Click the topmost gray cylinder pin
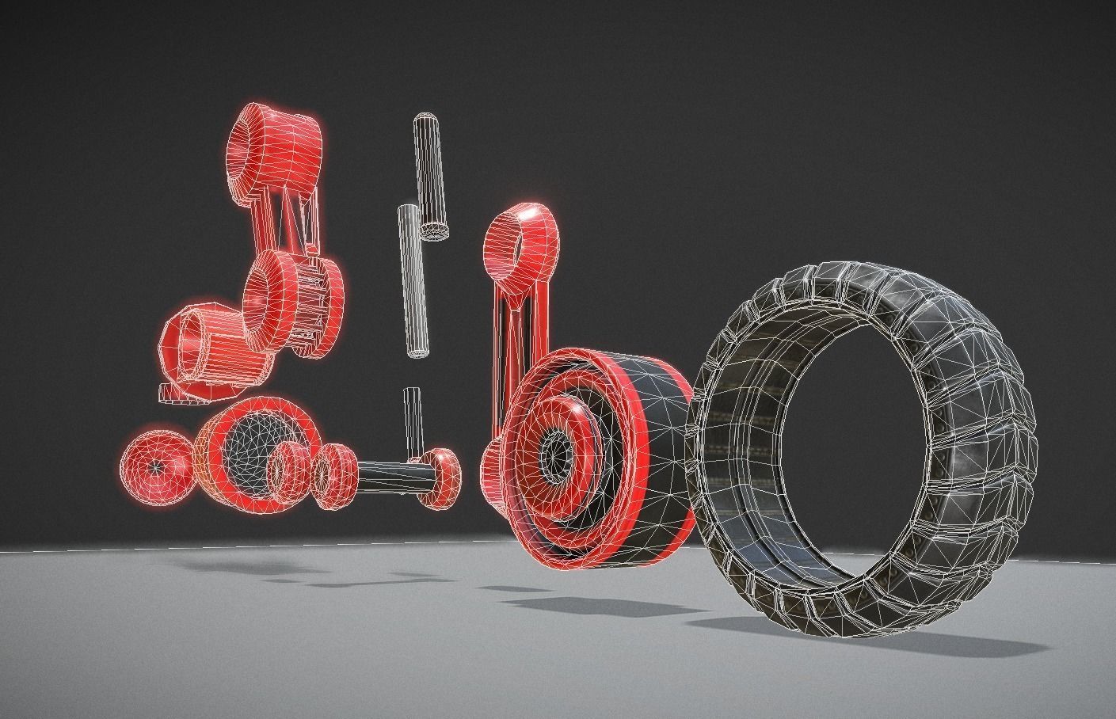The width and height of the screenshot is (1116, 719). pyautogui.click(x=430, y=174)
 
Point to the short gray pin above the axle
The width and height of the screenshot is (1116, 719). pyautogui.click(x=412, y=420)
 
